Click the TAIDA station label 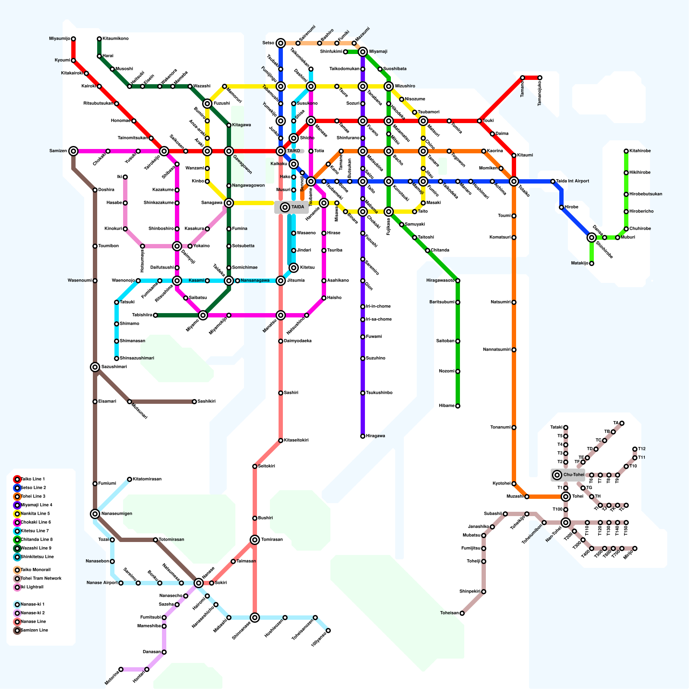(298, 207)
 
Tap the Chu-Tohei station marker (557, 475)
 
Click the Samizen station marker (73, 151)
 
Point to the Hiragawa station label (375, 436)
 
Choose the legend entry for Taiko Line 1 (32, 479)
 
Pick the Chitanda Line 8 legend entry (36, 540)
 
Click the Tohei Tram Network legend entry (41, 579)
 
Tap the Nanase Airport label (101, 583)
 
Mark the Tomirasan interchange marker (255, 540)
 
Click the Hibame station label (447, 406)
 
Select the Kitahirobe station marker (626, 151)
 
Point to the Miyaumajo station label (60, 39)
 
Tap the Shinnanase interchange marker (255, 618)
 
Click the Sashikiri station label (206, 402)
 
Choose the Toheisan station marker (462, 613)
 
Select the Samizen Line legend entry (34, 631)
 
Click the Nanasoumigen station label (117, 514)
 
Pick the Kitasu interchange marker (294, 268)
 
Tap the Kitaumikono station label (115, 39)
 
